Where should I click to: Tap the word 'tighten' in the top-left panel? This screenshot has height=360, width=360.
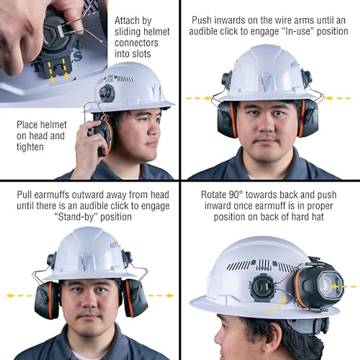pos(30,147)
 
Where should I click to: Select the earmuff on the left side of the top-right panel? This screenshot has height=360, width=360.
pos(226,118)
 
